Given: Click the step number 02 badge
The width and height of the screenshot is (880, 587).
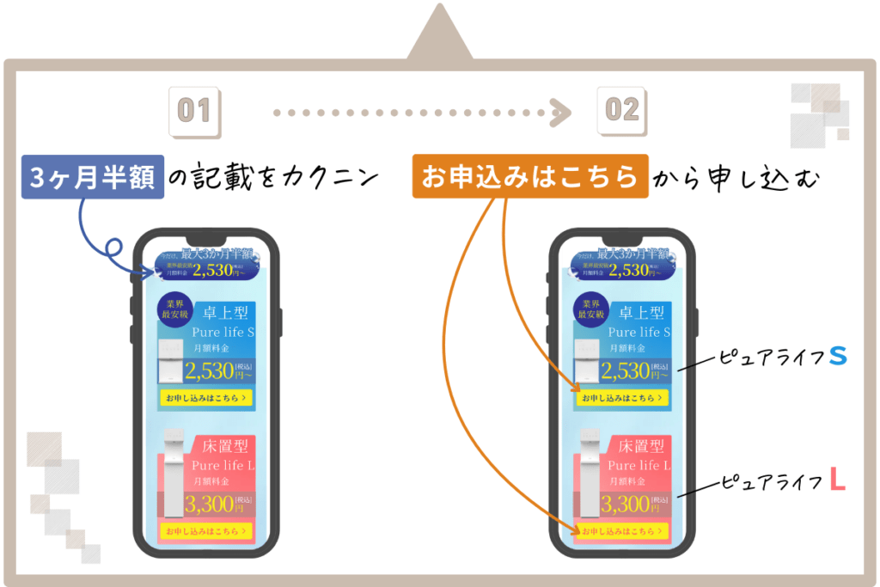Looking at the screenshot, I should (622, 110).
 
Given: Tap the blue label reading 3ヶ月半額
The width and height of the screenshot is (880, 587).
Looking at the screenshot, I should (92, 177).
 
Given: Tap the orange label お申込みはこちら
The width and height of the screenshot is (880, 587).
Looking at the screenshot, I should (529, 176).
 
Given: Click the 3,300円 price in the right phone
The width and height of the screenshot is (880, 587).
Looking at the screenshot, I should (626, 504).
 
